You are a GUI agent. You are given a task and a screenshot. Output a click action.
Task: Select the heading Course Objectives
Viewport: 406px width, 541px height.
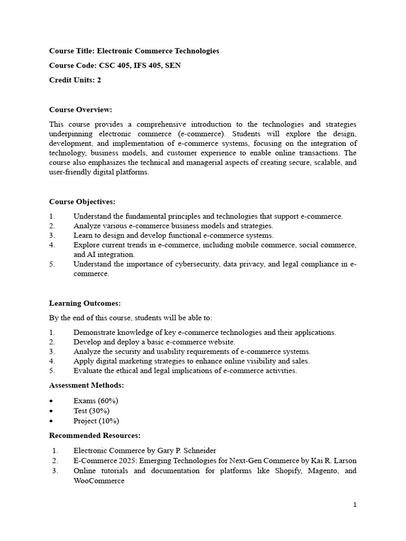pos(82,202)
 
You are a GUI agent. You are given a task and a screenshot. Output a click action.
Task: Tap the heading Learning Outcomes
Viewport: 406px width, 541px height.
pos(85,303)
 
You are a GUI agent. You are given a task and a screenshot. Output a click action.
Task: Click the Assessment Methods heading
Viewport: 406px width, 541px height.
pos(87,385)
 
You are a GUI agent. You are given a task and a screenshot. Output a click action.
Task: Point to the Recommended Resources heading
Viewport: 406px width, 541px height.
pos(95,435)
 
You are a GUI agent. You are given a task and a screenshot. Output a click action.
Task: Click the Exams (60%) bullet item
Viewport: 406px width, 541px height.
pos(96,401)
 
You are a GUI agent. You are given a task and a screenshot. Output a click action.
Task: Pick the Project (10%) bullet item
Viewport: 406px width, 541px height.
pos(96,421)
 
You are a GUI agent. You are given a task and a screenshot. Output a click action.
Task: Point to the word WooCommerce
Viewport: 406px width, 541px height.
pos(99,481)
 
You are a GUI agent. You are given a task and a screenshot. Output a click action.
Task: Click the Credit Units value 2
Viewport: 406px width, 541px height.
pos(99,80)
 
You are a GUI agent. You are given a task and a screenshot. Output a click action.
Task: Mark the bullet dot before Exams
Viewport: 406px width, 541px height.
pos(51,401)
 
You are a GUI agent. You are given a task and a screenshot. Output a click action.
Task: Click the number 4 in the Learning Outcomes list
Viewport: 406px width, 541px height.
pos(51,361)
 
